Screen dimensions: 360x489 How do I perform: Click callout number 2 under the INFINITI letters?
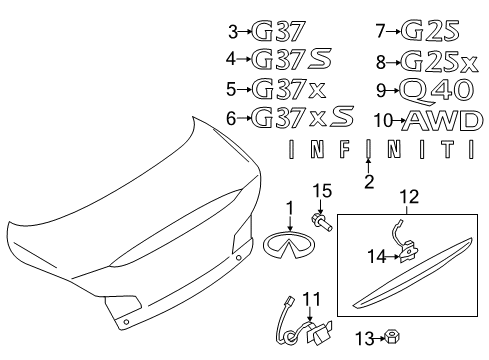click(368, 182)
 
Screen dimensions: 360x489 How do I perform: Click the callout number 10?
click(381, 121)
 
